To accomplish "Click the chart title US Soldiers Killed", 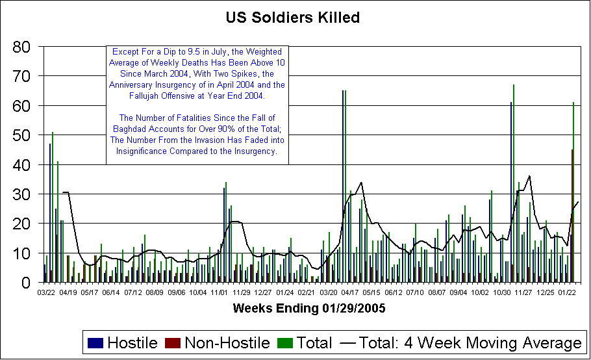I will point(292,18).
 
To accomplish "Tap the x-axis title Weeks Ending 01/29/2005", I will point(309,308).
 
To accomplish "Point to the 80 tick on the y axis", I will point(23,47).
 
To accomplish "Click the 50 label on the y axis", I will point(23,135).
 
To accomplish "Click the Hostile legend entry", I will point(132,342).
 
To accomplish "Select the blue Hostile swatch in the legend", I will point(95,343).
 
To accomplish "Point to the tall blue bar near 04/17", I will point(343,186).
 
